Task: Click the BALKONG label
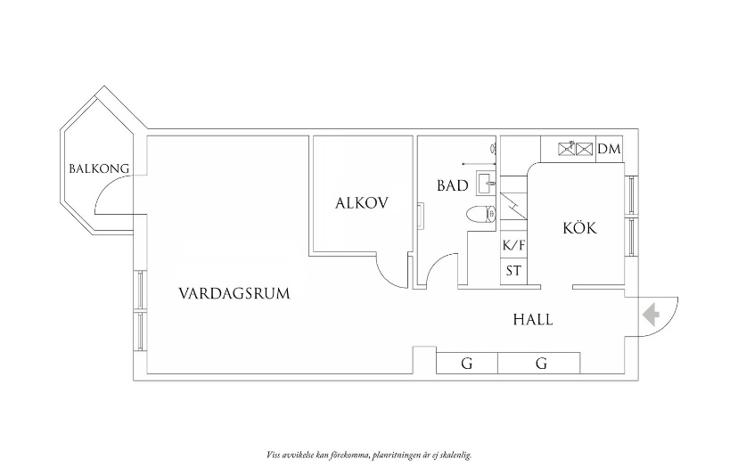pyautogui.click(x=99, y=168)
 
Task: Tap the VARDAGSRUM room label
pyautogui.click(x=234, y=293)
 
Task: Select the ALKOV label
pyautogui.click(x=362, y=203)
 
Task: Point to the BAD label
pyautogui.click(x=453, y=185)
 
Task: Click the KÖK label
pyautogui.click(x=580, y=228)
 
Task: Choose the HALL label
pyautogui.click(x=533, y=320)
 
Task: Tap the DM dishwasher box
pyautogui.click(x=610, y=149)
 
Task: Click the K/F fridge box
pyautogui.click(x=513, y=245)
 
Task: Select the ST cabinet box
pyautogui.click(x=513, y=271)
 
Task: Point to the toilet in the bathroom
pyautogui.click(x=481, y=215)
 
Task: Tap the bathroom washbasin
pyautogui.click(x=486, y=182)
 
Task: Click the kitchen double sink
pyautogui.click(x=575, y=149)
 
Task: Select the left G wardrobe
pyautogui.click(x=467, y=363)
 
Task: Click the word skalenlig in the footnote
pyautogui.click(x=456, y=455)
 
